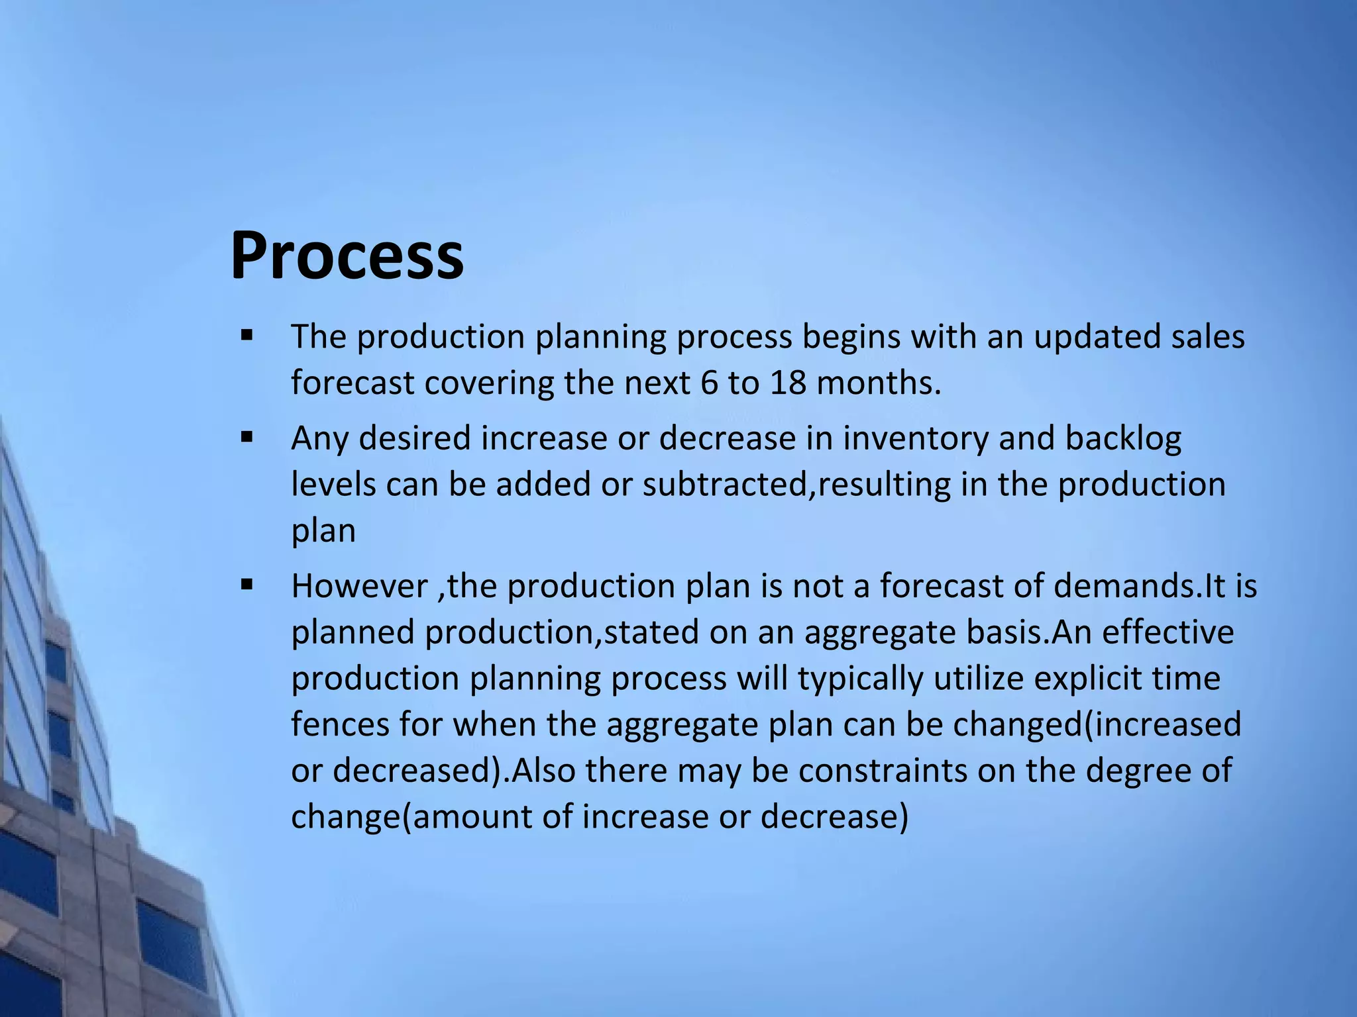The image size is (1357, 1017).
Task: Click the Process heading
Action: coord(347,256)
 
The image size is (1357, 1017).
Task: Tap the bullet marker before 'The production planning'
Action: coord(247,336)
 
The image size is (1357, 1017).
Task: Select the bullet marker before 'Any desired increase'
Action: coord(247,437)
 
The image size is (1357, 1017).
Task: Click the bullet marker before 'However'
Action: coord(247,585)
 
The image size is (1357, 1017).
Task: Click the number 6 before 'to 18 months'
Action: coord(708,383)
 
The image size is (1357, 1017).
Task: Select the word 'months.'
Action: coord(879,383)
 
